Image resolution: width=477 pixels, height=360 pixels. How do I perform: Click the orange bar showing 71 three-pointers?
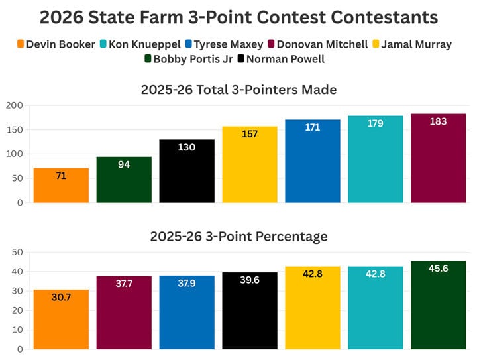tap(61, 186)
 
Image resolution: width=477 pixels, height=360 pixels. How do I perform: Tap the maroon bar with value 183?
tap(438, 158)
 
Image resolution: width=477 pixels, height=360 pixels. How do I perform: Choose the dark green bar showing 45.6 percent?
tap(438, 305)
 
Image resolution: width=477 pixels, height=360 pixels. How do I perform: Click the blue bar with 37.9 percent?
tap(187, 312)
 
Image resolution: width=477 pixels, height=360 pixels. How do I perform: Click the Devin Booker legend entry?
tap(56, 45)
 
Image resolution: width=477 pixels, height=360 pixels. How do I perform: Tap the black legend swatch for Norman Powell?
tap(241, 60)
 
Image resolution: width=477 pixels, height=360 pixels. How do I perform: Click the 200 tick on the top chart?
tap(15, 106)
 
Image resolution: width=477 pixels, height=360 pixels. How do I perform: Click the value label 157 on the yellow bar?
tap(250, 134)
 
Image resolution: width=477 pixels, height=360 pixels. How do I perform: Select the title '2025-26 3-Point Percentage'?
tap(238, 237)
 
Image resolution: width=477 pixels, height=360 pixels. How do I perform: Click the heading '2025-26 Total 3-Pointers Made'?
tap(238, 90)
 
